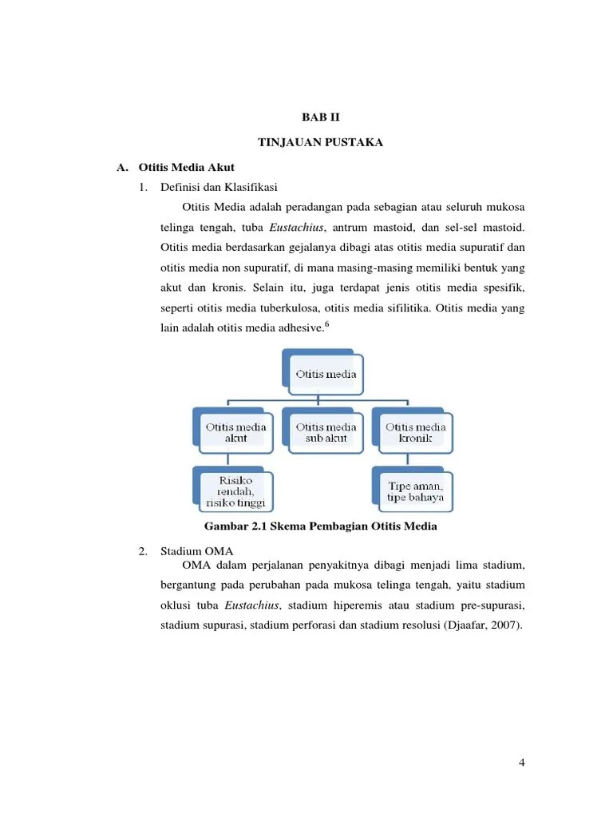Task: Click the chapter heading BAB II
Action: pyautogui.click(x=321, y=116)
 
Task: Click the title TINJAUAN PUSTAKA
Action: pyautogui.click(x=321, y=142)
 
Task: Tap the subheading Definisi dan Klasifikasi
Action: pyautogui.click(x=218, y=187)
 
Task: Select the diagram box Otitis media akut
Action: pyautogui.click(x=235, y=432)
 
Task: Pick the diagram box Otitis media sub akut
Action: pyautogui.click(x=326, y=432)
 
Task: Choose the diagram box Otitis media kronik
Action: pyautogui.click(x=416, y=432)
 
